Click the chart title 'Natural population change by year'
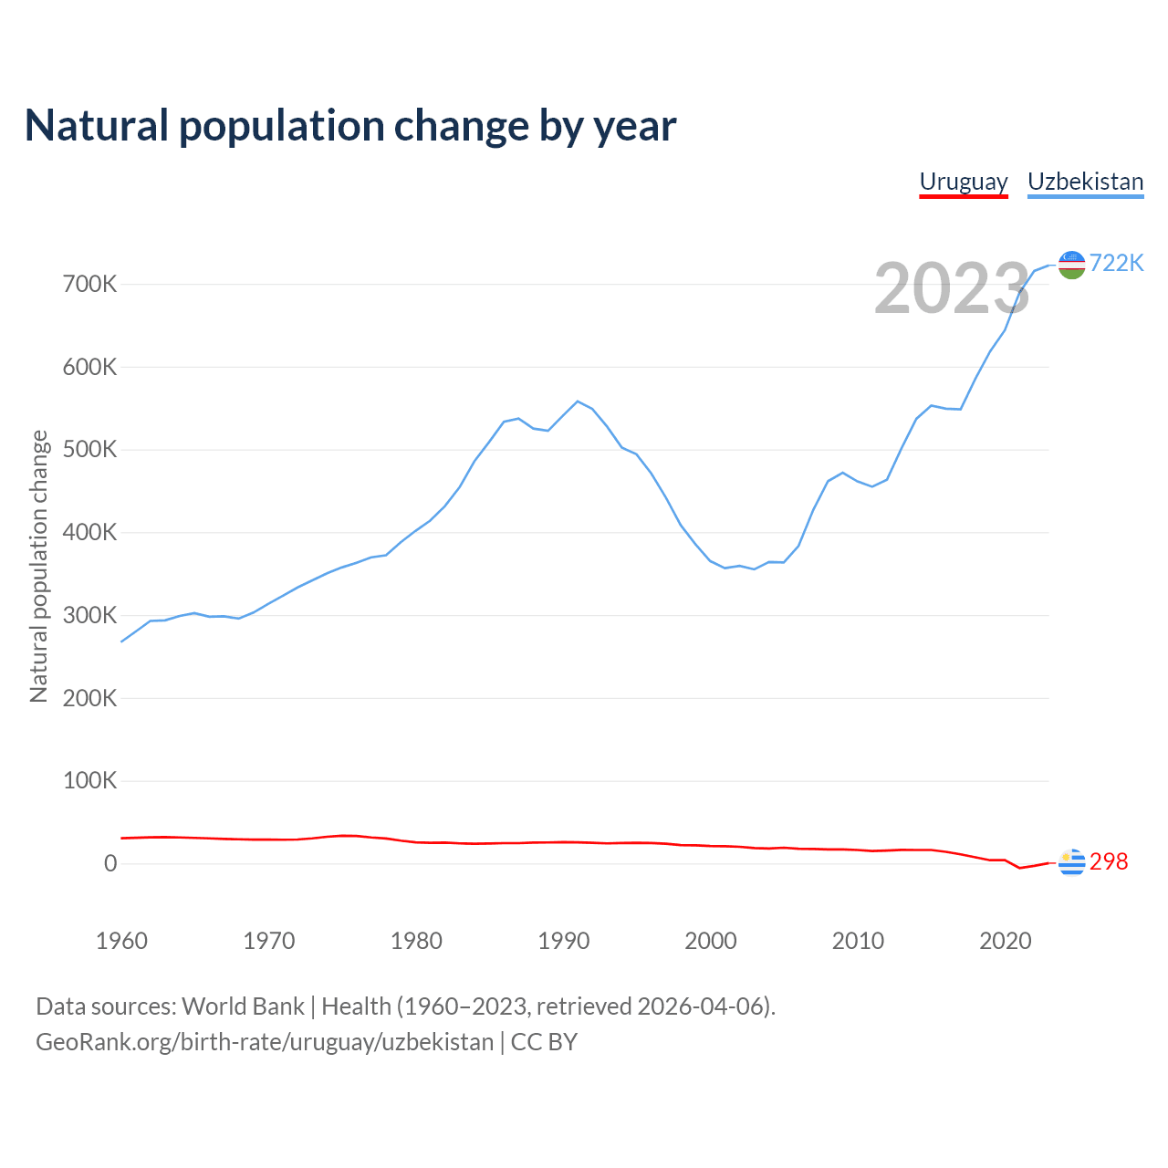[350, 126]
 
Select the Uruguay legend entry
[963, 182]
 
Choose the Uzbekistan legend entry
[1085, 182]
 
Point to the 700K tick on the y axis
[89, 285]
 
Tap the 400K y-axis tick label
[89, 533]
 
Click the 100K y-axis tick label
[89, 781]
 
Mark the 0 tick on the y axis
[110, 863]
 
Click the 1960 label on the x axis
[121, 941]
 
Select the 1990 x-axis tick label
[563, 941]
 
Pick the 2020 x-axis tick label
[1005, 941]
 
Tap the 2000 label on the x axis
[711, 941]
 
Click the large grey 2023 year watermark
[952, 288]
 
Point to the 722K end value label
[1116, 263]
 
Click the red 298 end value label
[1109, 862]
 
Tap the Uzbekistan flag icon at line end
[1071, 265]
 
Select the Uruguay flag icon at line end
[1071, 861]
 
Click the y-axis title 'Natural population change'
[38, 566]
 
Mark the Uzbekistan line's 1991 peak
[578, 401]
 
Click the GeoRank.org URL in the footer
[265, 1042]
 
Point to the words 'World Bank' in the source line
[243, 1006]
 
